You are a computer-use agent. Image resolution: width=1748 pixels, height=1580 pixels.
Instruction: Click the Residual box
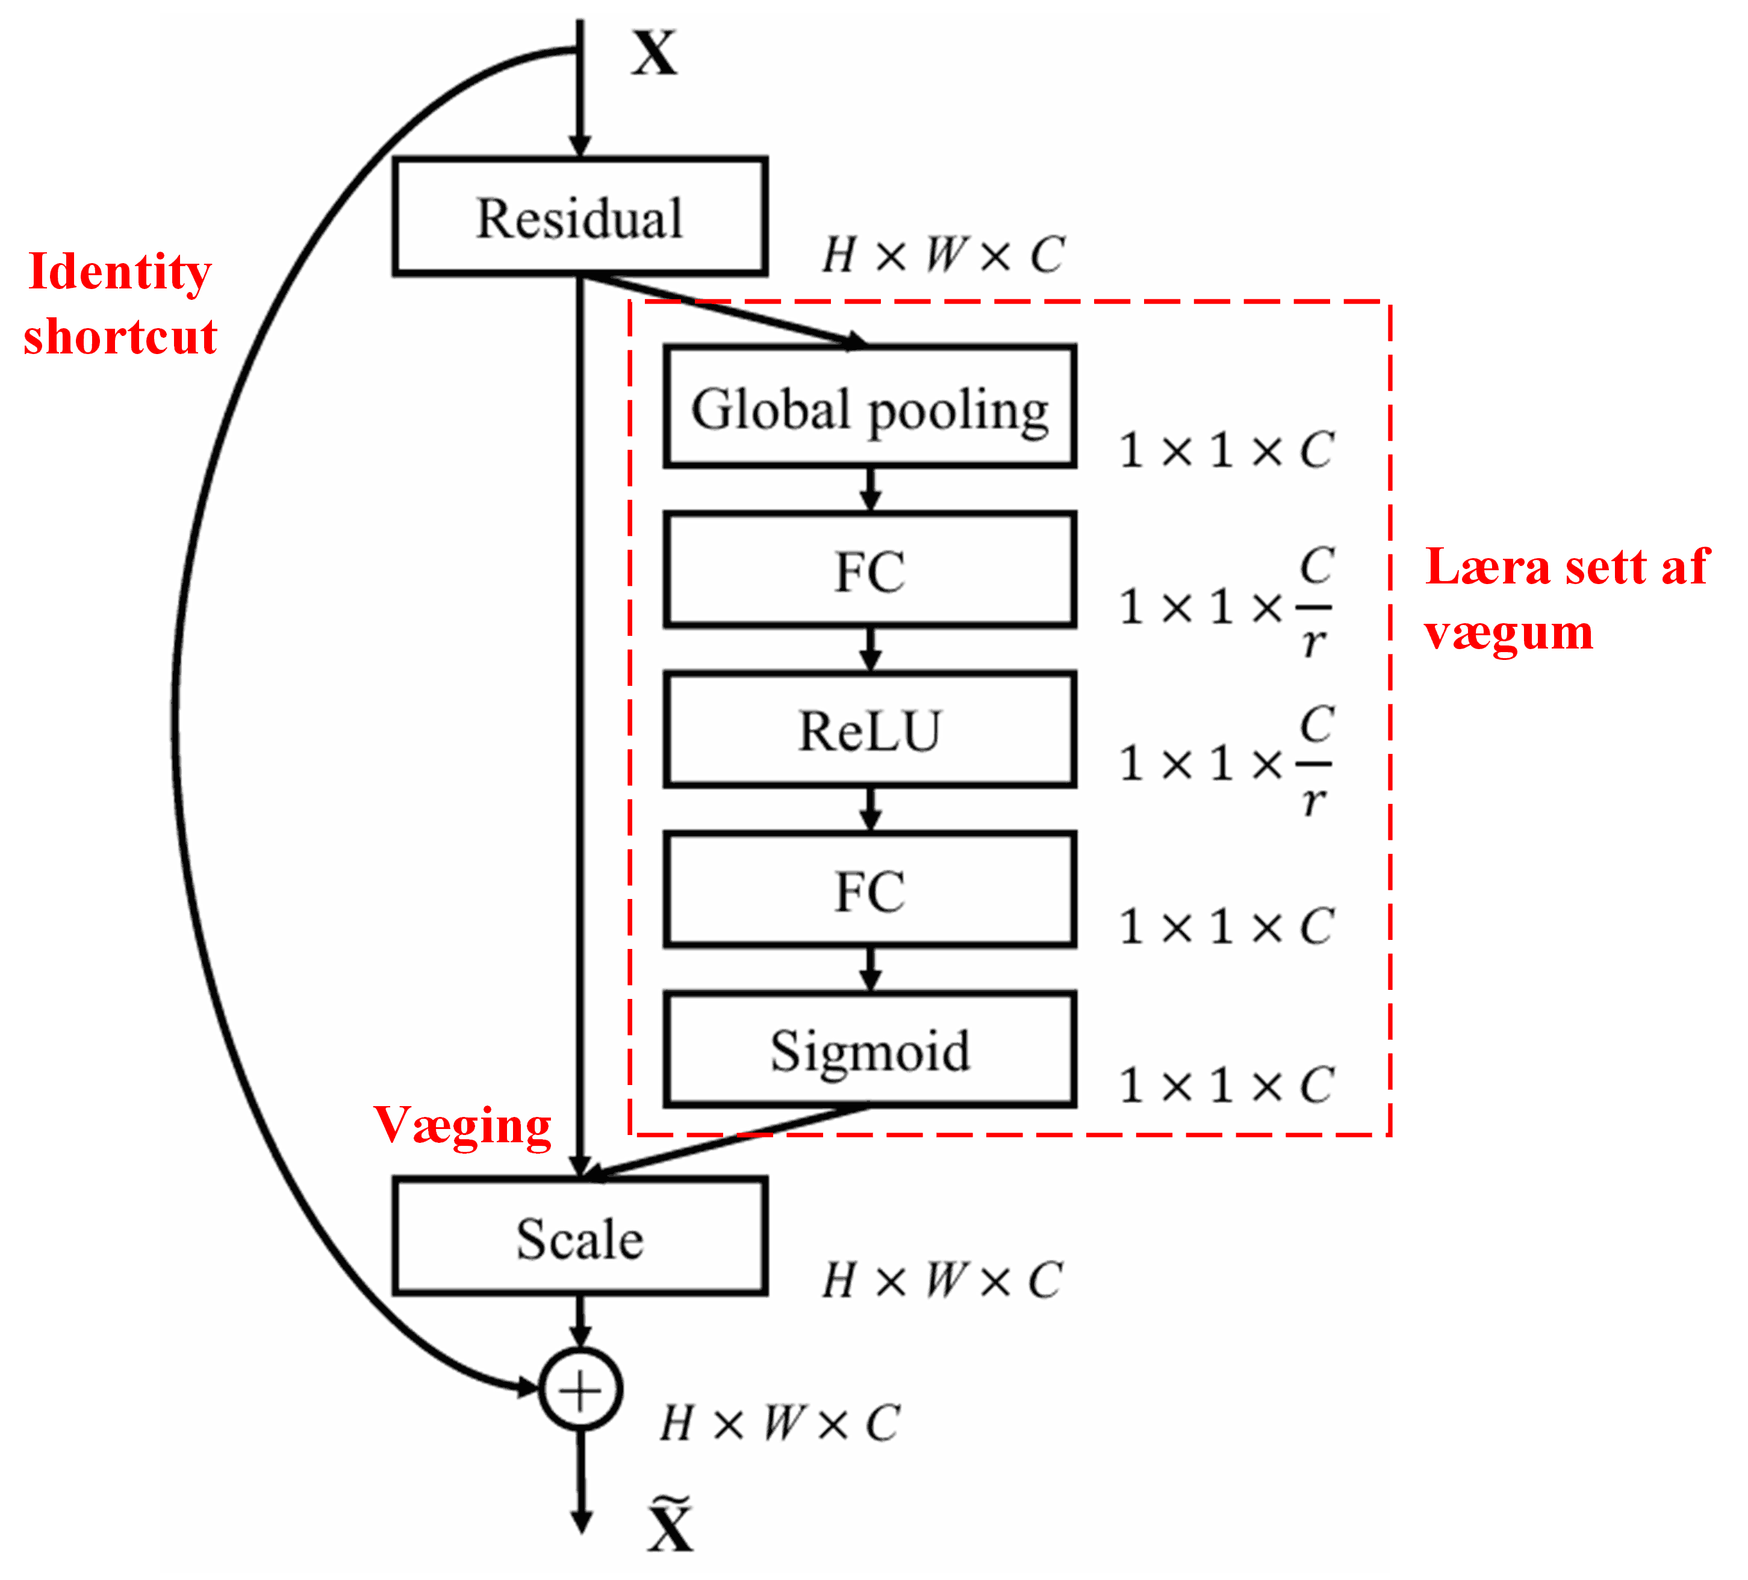[x=579, y=217]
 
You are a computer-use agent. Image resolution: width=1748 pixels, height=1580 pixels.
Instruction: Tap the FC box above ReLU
[x=869, y=570]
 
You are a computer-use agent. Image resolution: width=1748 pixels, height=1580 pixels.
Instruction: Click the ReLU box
[x=869, y=730]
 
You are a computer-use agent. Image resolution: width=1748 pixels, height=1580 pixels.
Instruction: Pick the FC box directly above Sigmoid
[x=869, y=890]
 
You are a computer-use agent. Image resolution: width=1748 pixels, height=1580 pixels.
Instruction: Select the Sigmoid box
[x=869, y=1050]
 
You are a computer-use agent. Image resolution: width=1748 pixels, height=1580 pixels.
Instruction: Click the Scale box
[x=579, y=1237]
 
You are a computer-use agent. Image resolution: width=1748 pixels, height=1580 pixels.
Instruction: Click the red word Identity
[x=120, y=272]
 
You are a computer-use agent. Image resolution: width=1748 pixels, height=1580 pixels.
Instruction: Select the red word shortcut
[x=120, y=337]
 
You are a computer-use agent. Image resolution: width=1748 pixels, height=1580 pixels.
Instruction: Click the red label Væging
[x=462, y=1125]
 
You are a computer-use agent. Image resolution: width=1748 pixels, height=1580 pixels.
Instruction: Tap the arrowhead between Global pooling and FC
[x=871, y=500]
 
